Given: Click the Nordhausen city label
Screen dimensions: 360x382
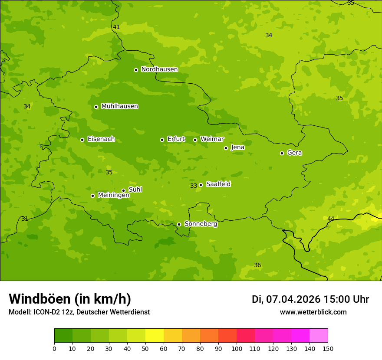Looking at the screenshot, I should (159, 69).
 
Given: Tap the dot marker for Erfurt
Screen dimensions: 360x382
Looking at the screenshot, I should (162, 140).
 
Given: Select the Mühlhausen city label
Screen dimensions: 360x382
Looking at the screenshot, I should (119, 106).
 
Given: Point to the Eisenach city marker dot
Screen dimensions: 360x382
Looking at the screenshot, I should (82, 140).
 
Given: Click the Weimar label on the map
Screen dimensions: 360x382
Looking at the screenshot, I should (212, 139).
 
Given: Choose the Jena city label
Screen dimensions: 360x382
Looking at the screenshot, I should (237, 147).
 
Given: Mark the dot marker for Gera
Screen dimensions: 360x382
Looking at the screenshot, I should (282, 153).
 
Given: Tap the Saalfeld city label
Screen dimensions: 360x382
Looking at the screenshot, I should (218, 184).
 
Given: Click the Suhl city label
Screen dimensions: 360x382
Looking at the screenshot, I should (135, 190).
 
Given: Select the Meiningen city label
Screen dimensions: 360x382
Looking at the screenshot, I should (113, 195).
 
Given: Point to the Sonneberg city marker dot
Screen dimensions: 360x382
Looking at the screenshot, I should (179, 224).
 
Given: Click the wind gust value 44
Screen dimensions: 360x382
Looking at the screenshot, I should (331, 219).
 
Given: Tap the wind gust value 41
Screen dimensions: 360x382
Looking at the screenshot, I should (116, 27).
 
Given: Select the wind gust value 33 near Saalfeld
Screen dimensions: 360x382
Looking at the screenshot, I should (194, 186).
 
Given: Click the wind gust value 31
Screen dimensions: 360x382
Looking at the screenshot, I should (25, 219).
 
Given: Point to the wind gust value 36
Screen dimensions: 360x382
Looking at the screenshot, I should (257, 265).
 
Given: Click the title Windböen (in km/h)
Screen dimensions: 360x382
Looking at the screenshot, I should (70, 299).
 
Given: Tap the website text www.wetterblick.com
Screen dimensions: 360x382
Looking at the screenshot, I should (313, 312).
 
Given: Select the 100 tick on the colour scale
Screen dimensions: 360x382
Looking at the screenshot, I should (237, 348).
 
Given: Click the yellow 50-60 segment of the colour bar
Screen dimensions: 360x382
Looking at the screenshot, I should (155, 336).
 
